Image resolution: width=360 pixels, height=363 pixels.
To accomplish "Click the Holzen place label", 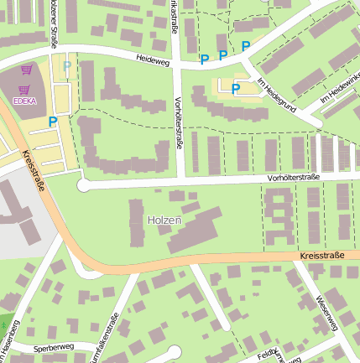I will pyautogui.click(x=164, y=220).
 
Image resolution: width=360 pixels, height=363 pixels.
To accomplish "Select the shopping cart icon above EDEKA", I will pyautogui.click(x=26, y=72).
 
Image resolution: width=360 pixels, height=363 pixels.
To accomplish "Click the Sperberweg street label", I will pyautogui.click(x=54, y=346).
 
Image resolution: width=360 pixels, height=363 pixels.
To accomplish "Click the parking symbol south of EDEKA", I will pyautogui.click(x=52, y=121).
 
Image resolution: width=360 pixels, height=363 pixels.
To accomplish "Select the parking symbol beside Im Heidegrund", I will pyautogui.click(x=236, y=88).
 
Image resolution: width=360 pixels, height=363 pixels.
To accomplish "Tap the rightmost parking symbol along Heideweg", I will pyautogui.click(x=246, y=46).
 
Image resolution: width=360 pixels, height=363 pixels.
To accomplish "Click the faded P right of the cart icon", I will pyautogui.click(x=67, y=65).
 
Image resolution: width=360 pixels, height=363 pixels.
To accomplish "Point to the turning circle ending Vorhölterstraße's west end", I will pyautogui.click(x=82, y=185).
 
